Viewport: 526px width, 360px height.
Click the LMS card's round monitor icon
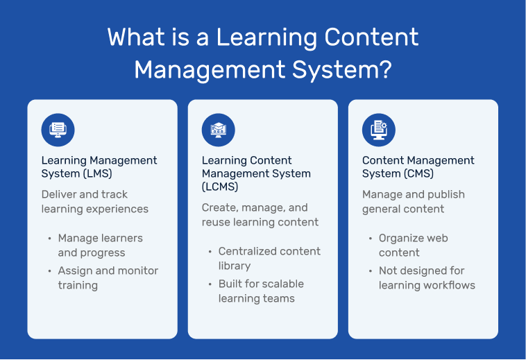click(x=58, y=130)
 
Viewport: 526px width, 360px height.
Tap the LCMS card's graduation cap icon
click(x=219, y=130)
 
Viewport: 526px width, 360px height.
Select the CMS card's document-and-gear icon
click(x=379, y=130)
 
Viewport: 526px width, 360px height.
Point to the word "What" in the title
click(x=136, y=37)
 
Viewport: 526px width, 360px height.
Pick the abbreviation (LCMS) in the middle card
click(x=220, y=187)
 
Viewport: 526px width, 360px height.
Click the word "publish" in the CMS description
click(x=446, y=195)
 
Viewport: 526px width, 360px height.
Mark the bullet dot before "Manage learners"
click(x=50, y=239)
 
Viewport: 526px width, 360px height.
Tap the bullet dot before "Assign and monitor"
click(x=50, y=271)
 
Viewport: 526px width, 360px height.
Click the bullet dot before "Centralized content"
click(x=210, y=252)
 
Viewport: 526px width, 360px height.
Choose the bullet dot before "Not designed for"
click(x=371, y=271)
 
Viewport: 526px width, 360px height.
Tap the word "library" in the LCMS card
click(x=235, y=266)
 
